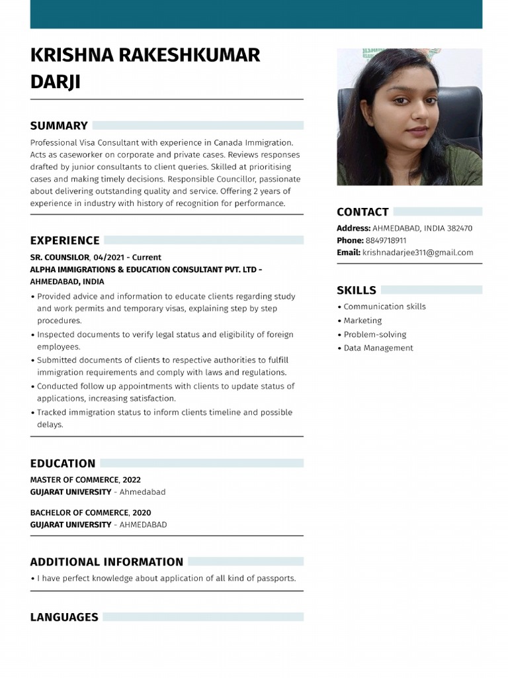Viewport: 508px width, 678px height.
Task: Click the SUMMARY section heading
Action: pos(59,126)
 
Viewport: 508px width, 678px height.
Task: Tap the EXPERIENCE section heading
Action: pos(65,240)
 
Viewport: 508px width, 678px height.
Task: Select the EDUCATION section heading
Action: pos(63,463)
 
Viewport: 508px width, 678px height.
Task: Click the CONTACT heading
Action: pos(362,212)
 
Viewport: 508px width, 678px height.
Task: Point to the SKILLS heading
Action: pos(357,290)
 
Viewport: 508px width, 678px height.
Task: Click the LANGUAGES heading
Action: pos(64,617)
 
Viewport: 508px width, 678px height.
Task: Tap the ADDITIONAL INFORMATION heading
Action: pos(106,562)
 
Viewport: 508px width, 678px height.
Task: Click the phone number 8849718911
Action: pos(386,240)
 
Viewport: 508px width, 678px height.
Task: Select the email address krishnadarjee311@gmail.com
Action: pos(417,252)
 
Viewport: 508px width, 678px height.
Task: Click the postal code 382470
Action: pos(460,228)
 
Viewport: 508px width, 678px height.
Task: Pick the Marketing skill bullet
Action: pos(362,320)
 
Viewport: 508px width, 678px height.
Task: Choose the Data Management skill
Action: pos(378,348)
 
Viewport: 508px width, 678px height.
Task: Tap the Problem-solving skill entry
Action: pos(374,334)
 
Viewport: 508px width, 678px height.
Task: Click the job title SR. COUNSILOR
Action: pos(60,257)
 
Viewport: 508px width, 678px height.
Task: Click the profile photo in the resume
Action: pos(409,117)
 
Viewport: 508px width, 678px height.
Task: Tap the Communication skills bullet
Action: pos(384,307)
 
